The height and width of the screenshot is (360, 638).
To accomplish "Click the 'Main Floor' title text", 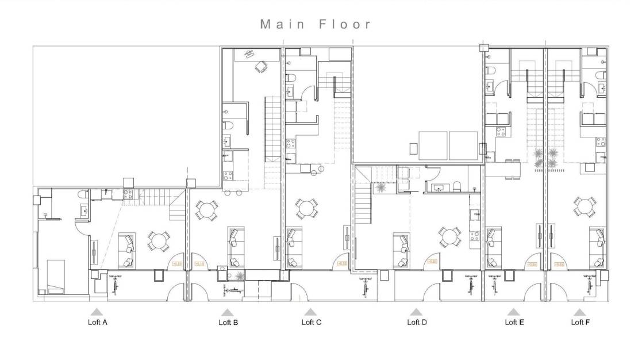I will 316,24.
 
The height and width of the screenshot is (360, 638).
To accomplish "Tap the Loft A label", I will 97,322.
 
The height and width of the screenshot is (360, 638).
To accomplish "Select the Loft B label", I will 228,322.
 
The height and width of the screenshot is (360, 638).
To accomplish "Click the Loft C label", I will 311,322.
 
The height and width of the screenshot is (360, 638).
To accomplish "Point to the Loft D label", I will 417,322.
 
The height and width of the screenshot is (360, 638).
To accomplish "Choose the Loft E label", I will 514,322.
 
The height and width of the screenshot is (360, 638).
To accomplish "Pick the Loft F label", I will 580,322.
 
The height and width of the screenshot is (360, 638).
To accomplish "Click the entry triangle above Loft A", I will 97,311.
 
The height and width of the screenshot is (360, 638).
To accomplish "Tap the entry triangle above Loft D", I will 416,311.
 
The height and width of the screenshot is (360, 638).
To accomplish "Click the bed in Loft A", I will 56,277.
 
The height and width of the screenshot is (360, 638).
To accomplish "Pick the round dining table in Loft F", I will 584,206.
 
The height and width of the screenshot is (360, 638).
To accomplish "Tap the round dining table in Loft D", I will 449,236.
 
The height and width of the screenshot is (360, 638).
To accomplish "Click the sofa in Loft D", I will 401,251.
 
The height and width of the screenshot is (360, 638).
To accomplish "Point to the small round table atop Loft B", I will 262,67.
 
